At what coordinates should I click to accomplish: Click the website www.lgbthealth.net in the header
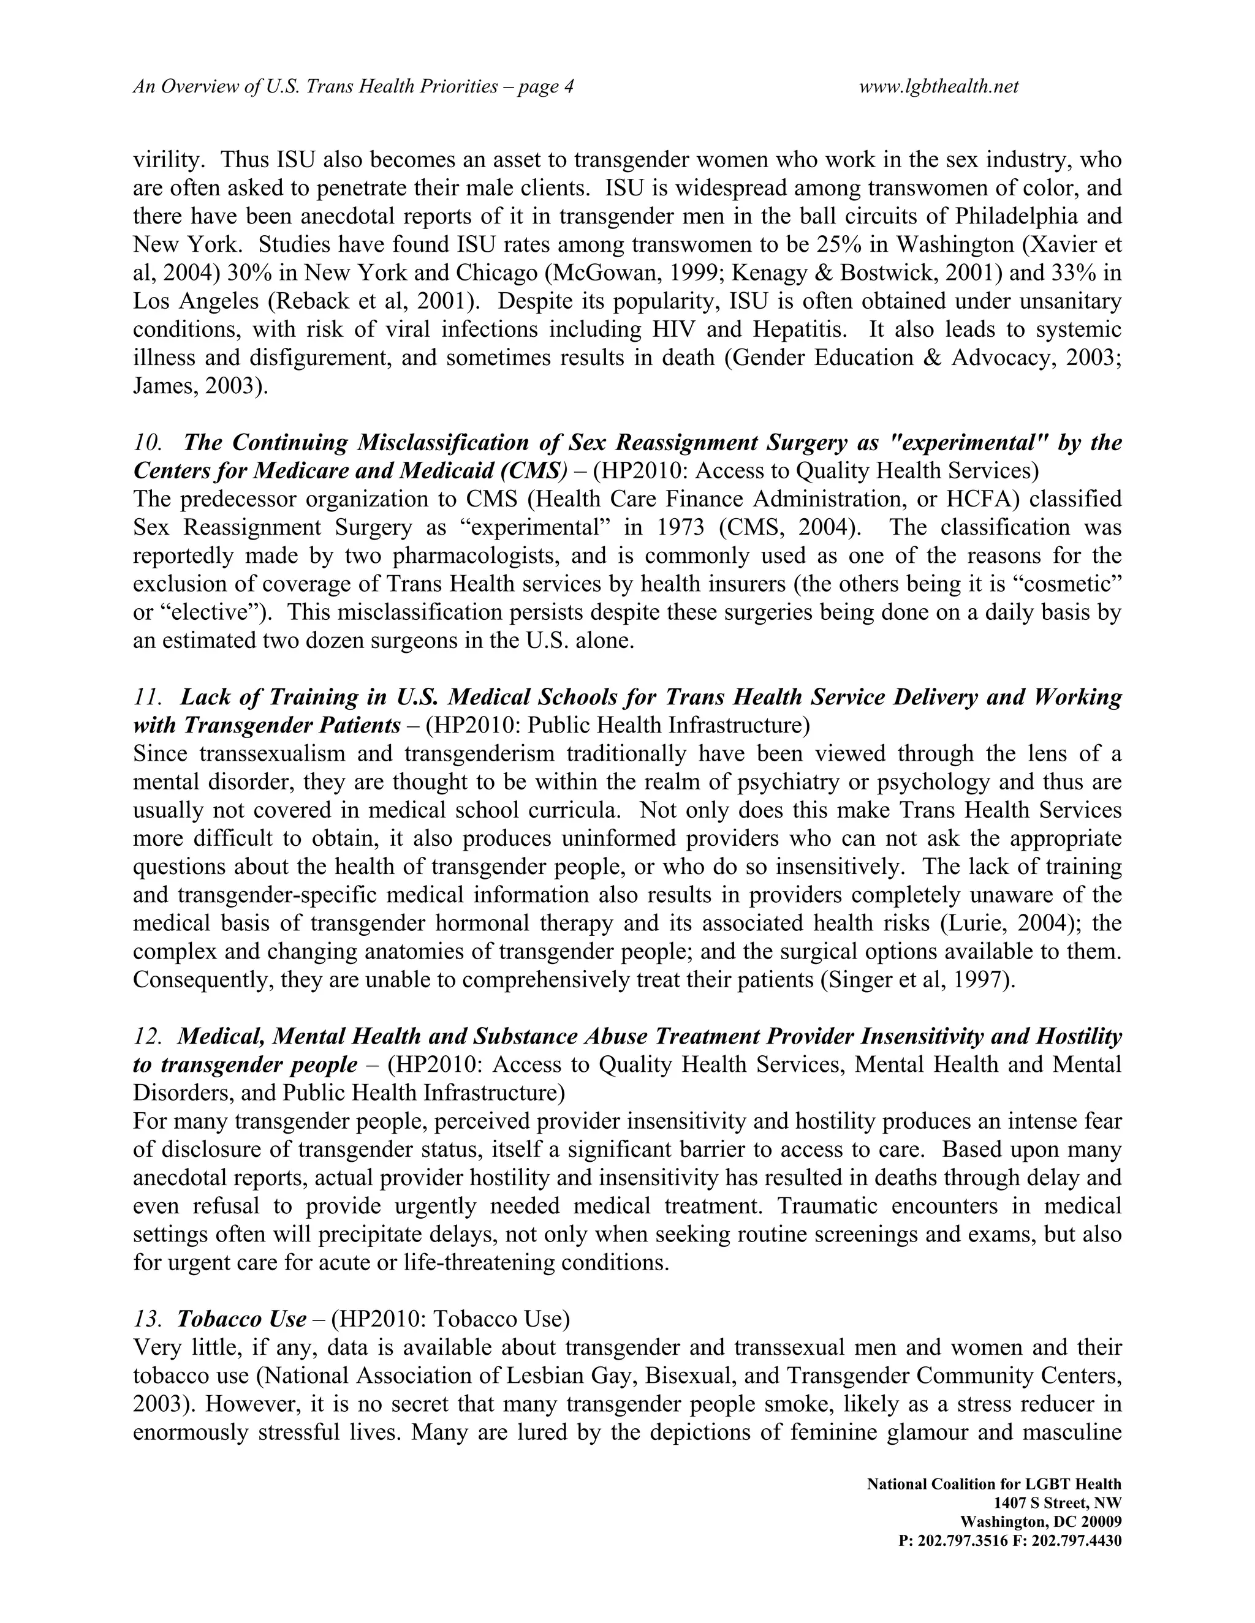[938, 87]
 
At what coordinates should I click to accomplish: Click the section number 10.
[147, 443]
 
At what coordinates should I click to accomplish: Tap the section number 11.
[146, 697]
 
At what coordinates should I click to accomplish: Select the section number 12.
[146, 1036]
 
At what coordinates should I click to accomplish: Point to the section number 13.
[146, 1319]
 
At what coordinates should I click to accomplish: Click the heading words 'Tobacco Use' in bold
[241, 1319]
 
